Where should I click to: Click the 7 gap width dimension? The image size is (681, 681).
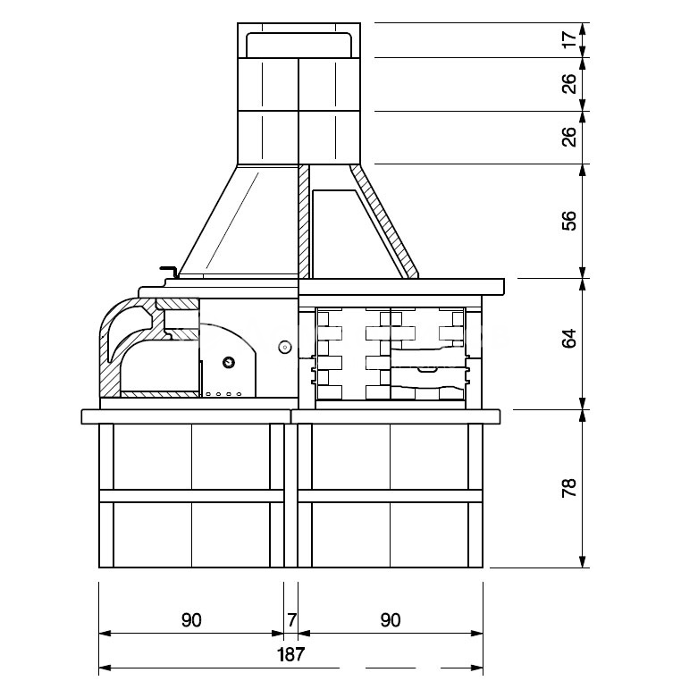tap(291, 619)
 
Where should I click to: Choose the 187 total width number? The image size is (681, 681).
tap(291, 653)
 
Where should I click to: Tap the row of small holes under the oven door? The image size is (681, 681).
tap(224, 393)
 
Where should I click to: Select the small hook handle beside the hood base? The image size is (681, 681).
tap(167, 270)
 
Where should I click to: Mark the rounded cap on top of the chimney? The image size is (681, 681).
tap(298, 43)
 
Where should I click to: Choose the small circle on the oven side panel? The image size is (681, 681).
tap(284, 346)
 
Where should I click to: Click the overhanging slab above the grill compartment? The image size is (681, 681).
tap(401, 287)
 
